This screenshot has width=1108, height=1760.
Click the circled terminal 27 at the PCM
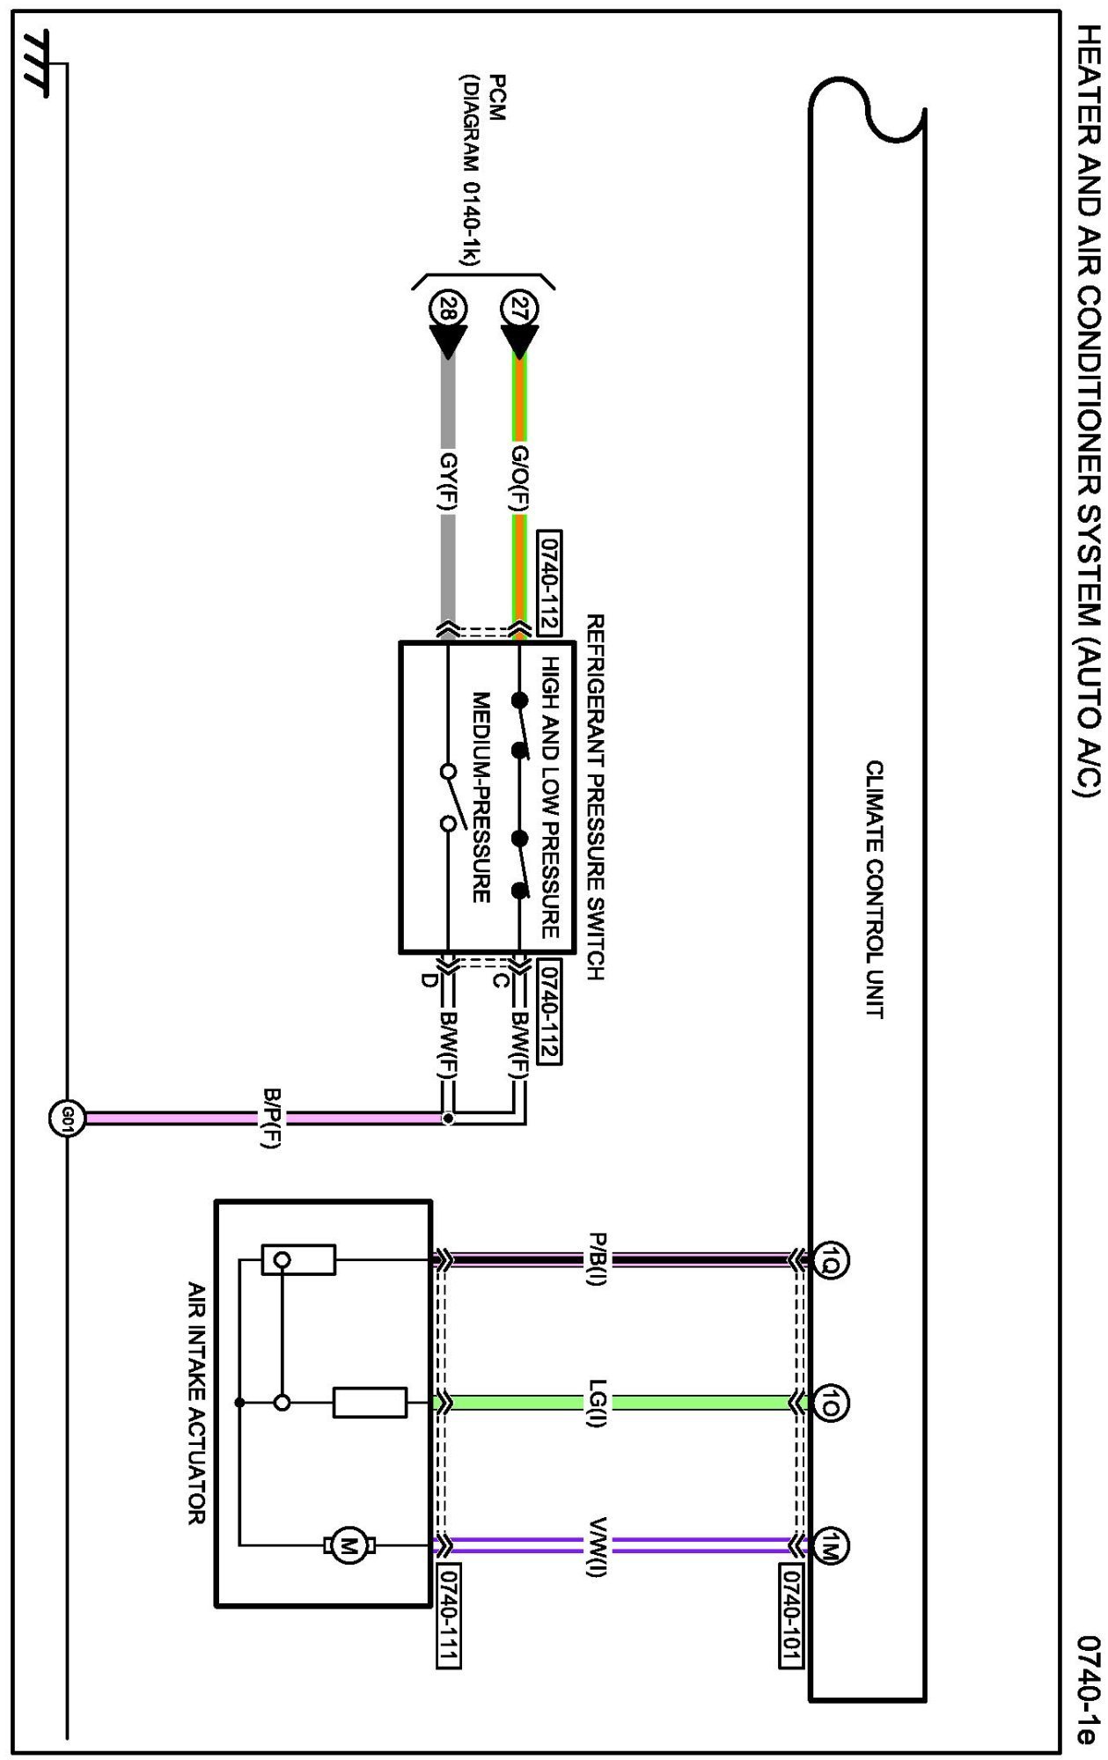519,309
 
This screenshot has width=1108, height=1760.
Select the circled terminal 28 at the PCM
448,309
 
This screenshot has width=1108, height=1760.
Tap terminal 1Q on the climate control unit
830,1260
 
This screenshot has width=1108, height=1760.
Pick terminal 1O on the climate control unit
830,1402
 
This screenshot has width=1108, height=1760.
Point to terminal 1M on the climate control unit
830,1545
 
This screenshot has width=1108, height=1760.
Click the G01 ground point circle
67,1119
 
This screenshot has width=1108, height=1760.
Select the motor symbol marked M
349,1545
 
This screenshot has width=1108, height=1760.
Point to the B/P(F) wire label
272,1118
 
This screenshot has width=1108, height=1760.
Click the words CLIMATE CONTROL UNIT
874,890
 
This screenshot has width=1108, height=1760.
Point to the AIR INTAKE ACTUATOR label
196,1404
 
